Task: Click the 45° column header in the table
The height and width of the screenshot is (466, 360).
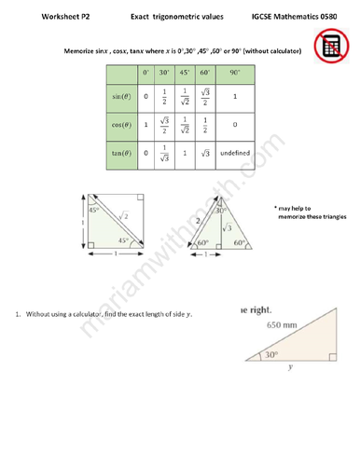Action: click(x=184, y=71)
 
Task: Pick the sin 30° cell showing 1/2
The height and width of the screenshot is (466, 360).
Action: click(x=163, y=96)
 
